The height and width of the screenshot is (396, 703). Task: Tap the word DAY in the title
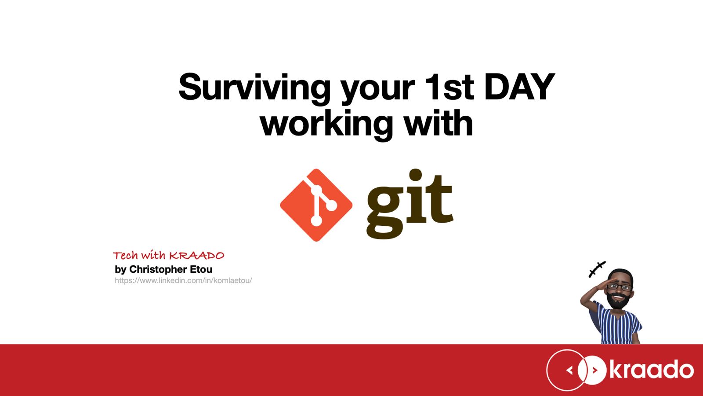(x=520, y=86)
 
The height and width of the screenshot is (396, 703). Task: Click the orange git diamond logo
(x=316, y=205)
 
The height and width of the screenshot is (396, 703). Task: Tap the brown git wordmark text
(x=409, y=204)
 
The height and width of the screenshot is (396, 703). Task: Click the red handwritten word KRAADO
(x=197, y=256)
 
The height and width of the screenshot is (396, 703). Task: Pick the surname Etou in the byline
(x=201, y=269)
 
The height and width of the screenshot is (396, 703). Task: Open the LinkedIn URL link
(x=183, y=280)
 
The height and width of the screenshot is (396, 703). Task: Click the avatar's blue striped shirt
(x=616, y=324)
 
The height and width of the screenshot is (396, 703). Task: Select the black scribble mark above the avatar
(x=597, y=269)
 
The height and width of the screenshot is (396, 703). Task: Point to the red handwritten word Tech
(x=126, y=256)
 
